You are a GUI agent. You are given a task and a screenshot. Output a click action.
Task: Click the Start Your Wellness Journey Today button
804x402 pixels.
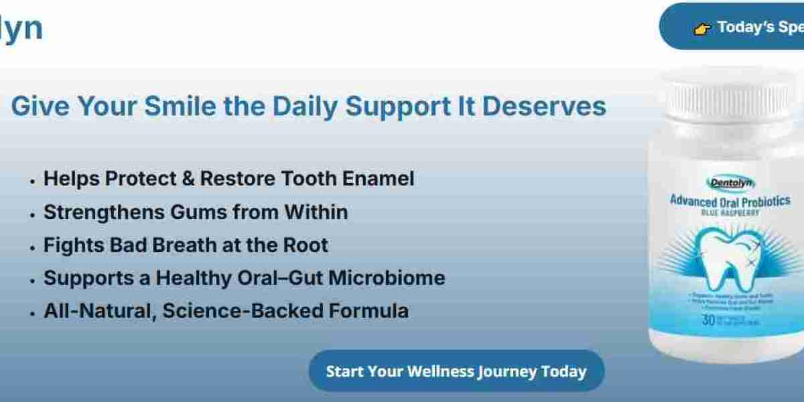pyautogui.click(x=456, y=371)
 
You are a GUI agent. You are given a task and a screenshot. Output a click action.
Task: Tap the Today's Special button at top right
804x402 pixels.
pyautogui.click(x=737, y=27)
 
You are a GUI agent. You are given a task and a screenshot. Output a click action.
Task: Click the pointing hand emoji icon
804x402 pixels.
pyautogui.click(x=701, y=29)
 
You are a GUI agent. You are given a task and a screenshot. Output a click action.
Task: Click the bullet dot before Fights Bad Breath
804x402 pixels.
pyautogui.click(x=32, y=247)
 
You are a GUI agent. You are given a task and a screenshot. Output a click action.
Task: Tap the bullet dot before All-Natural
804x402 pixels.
pyautogui.click(x=32, y=313)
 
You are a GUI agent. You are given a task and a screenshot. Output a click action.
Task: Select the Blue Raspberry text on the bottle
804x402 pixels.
pyautogui.click(x=730, y=212)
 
